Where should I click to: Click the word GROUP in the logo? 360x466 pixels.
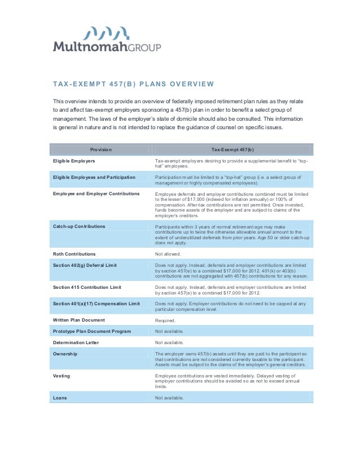coord(142,47)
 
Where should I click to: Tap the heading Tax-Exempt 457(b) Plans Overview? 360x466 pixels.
coord(133,85)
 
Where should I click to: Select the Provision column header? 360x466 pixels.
coord(101,150)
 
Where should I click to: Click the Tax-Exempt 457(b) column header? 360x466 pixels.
coord(232,150)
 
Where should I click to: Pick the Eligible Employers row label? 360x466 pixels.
coord(74,161)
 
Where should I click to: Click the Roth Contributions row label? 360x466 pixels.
coord(74,254)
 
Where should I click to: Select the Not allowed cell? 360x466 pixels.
coord(168,254)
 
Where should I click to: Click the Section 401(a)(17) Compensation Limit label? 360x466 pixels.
coord(96,304)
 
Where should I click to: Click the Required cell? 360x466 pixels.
coord(165,320)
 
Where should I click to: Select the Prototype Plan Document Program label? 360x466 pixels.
coord(92,331)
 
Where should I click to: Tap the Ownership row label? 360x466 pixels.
coord(65,354)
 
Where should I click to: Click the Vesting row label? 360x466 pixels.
coord(63,376)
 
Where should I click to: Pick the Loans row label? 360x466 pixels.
coord(60,398)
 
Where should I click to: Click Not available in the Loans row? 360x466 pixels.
coord(169,398)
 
